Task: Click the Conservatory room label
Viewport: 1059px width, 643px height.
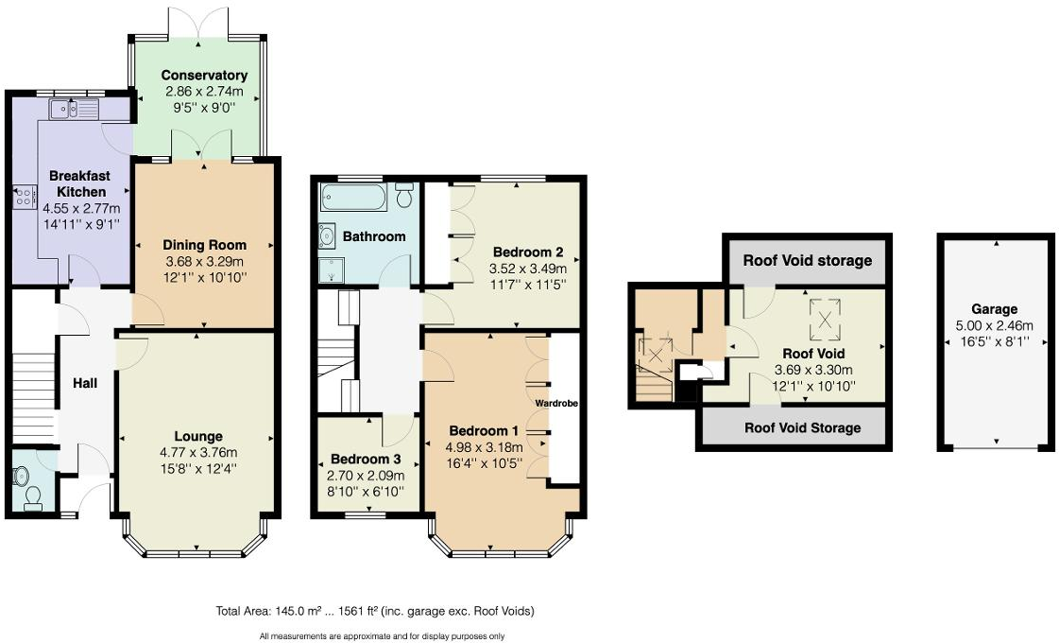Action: (x=204, y=76)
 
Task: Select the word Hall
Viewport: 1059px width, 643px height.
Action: (x=87, y=383)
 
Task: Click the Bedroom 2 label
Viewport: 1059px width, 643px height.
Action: (x=528, y=252)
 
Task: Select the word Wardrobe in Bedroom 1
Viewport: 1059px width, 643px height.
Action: (x=556, y=403)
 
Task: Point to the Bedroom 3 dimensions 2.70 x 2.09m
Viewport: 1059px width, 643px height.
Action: (x=367, y=476)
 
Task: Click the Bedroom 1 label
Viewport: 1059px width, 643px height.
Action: (x=480, y=430)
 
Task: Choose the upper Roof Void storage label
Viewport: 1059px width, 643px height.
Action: (x=807, y=260)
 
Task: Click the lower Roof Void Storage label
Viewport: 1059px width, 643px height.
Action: (x=802, y=427)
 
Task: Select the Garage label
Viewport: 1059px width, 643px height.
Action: (x=994, y=309)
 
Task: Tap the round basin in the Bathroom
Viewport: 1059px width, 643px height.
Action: (x=328, y=235)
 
